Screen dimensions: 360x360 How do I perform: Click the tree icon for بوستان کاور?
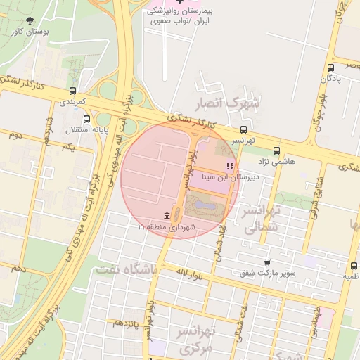pos(29,20)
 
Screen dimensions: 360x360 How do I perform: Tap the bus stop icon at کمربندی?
pos(73,91)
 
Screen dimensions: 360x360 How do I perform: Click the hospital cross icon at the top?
pos(179,3)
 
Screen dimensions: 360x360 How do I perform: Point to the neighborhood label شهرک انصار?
pos(235,103)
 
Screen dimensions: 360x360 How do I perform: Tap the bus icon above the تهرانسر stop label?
pos(243,129)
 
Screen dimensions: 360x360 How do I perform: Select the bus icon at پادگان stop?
pos(330,67)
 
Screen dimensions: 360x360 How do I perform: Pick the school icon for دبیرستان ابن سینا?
pos(229,167)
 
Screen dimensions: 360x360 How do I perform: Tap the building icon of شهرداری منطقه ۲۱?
pos(166,215)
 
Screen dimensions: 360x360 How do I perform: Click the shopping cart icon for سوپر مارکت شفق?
pos(266,262)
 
